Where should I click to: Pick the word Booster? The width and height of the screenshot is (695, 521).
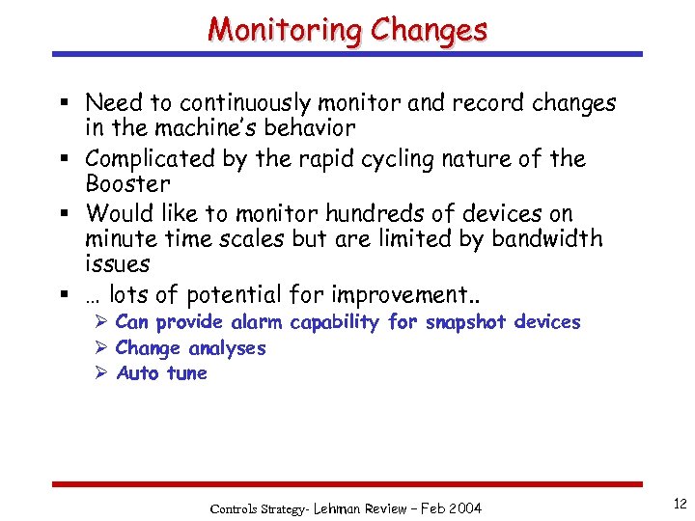[127, 183]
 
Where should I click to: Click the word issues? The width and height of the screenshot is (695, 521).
[118, 263]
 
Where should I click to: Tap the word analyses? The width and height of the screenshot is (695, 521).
[227, 348]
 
